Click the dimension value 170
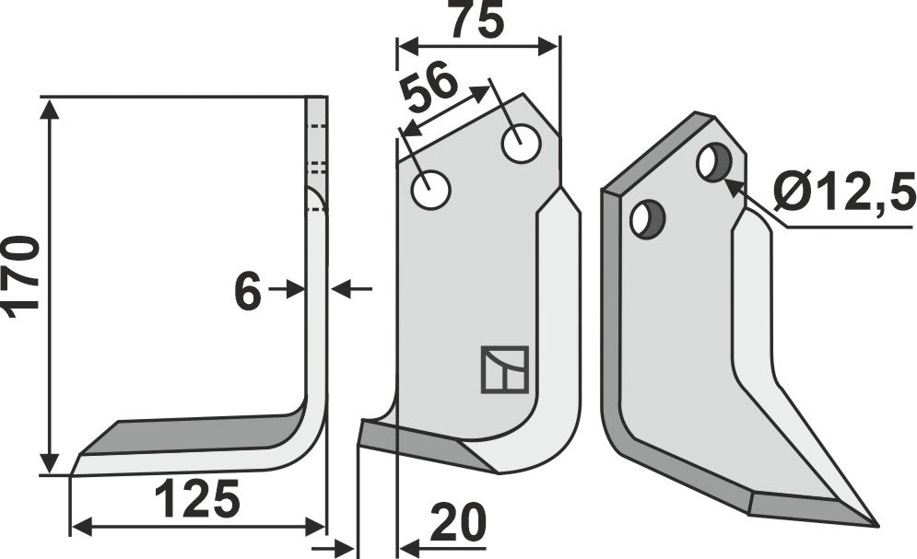[22, 276]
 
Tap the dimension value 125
[196, 499]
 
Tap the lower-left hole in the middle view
[430, 191]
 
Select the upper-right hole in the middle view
[521, 144]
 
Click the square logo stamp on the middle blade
[504, 369]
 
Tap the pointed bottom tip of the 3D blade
[873, 524]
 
